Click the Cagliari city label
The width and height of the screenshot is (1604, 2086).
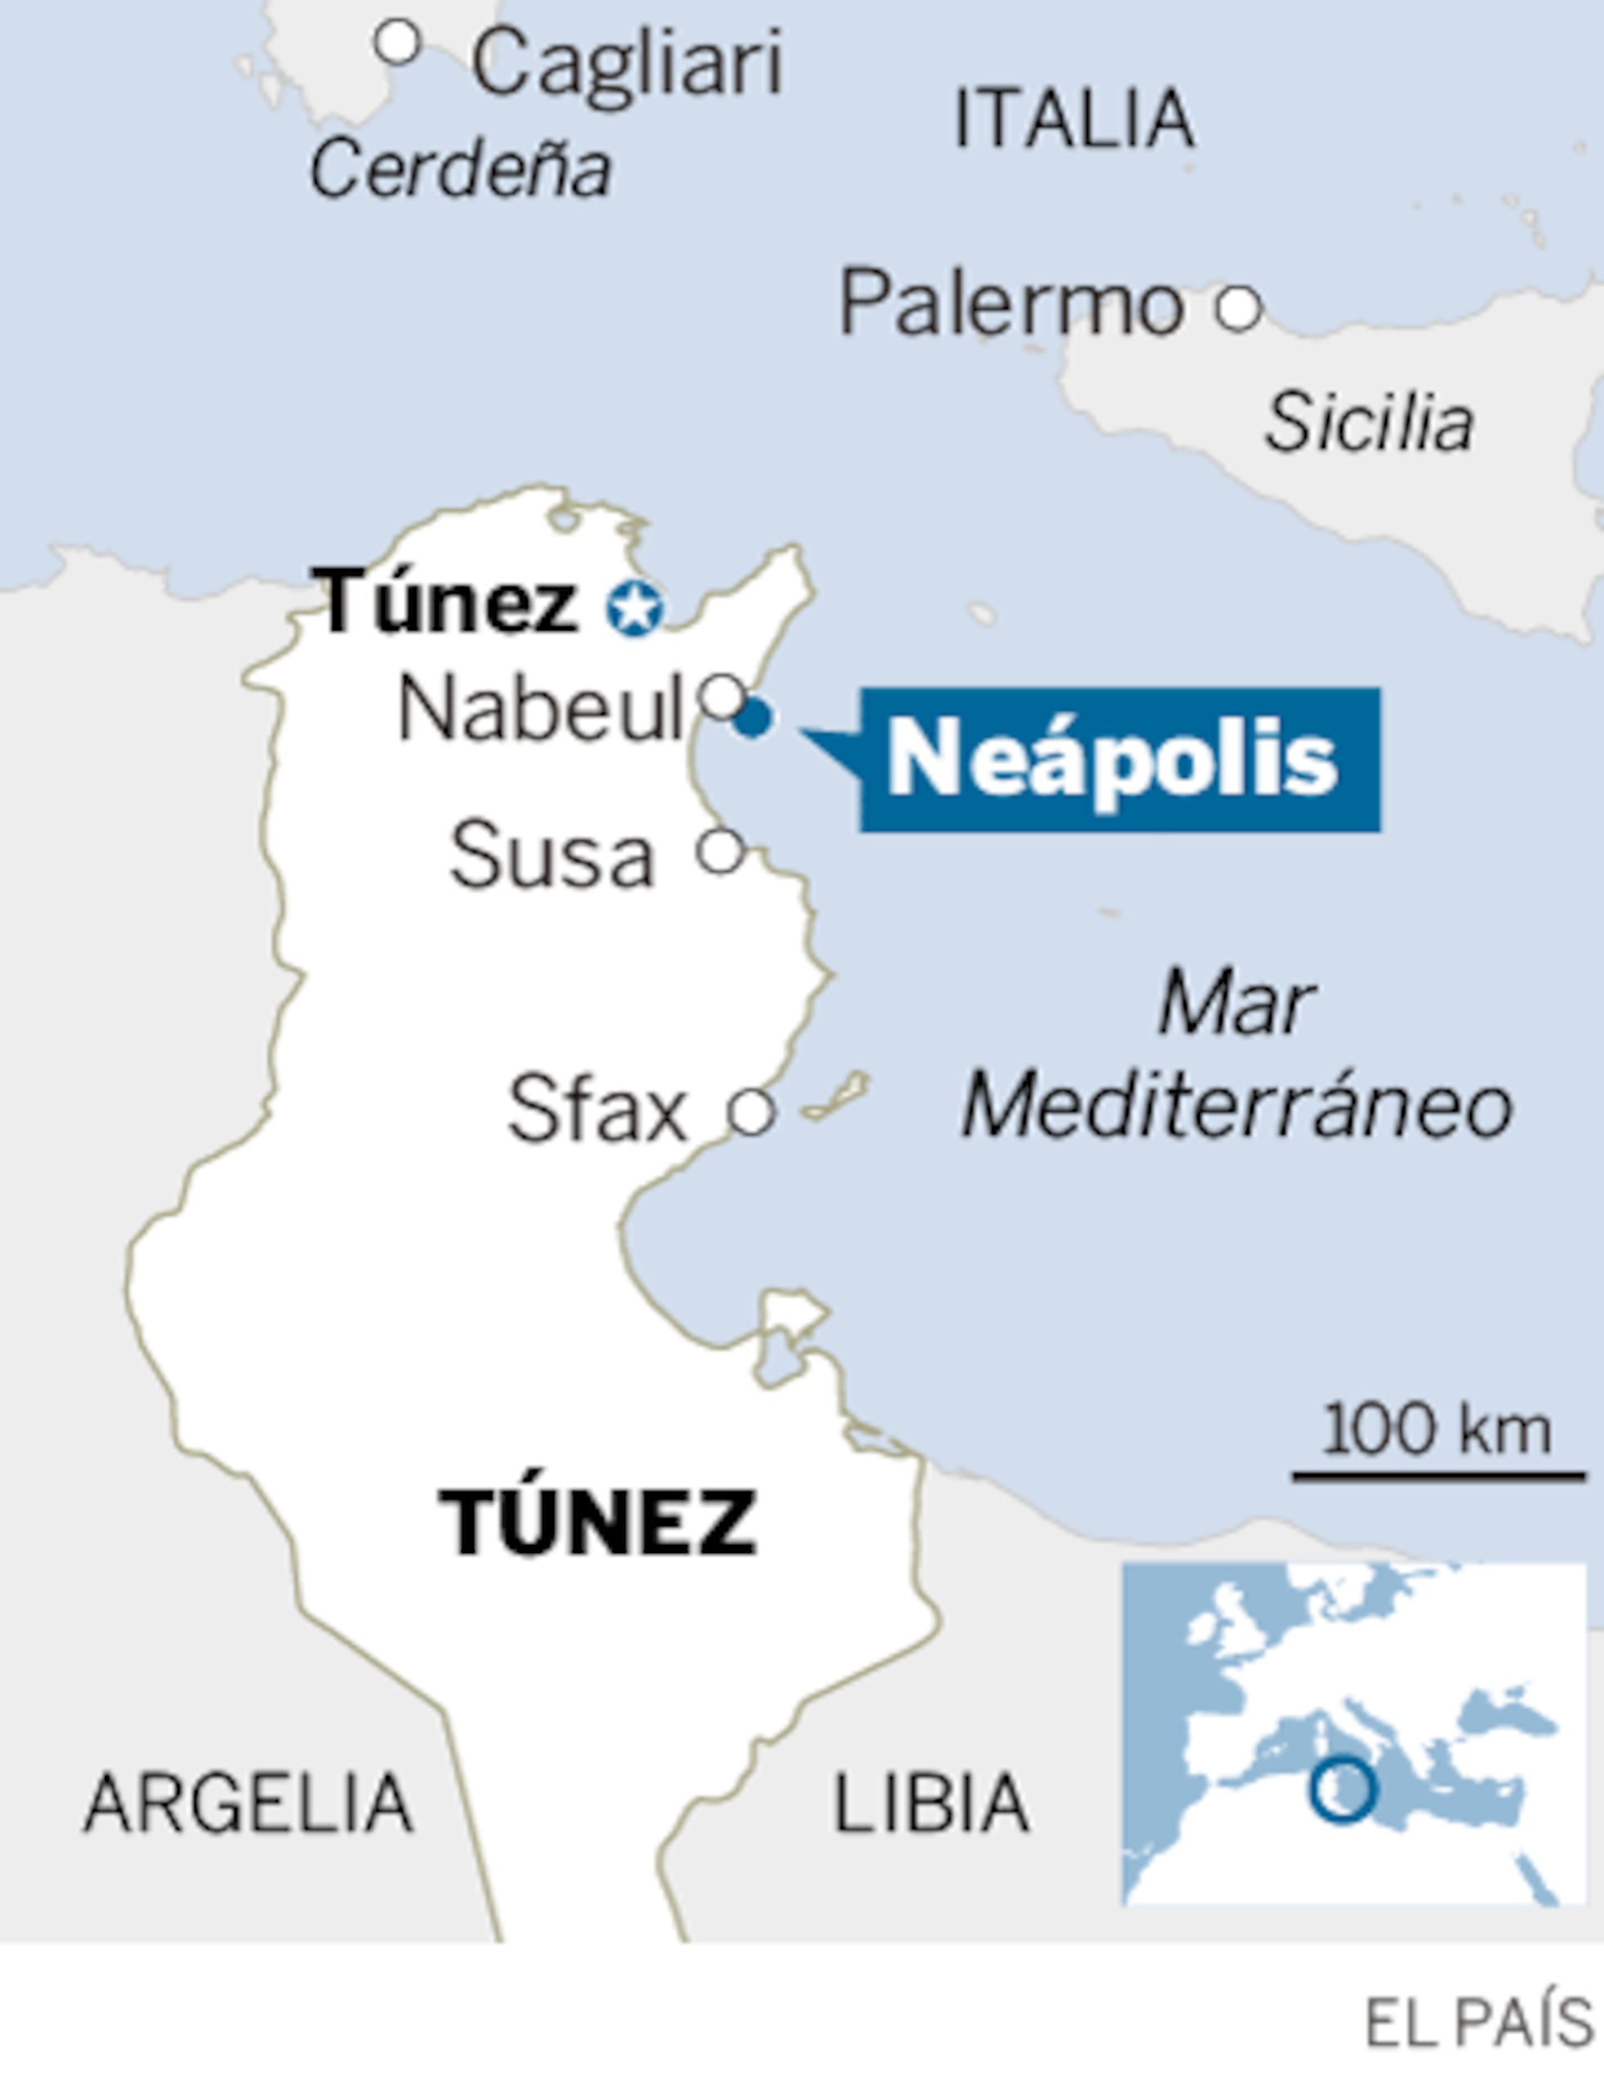627,63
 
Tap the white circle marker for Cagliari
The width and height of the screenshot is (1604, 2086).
397,43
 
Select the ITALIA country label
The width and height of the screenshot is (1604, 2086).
1074,119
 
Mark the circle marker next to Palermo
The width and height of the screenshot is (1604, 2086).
1238,308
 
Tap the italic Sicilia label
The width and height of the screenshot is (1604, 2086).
1368,422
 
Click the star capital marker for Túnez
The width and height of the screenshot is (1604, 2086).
634,607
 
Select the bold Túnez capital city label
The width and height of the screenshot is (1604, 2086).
447,602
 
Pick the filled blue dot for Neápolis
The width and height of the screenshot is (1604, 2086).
752,719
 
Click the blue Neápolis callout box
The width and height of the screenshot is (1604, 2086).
1119,760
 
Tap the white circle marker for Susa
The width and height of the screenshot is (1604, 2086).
721,850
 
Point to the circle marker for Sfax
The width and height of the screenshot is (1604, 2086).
750,1112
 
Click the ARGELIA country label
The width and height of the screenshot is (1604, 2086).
248,1804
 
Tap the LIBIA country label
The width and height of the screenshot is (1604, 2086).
931,1804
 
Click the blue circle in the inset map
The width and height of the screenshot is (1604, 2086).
1342,1790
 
